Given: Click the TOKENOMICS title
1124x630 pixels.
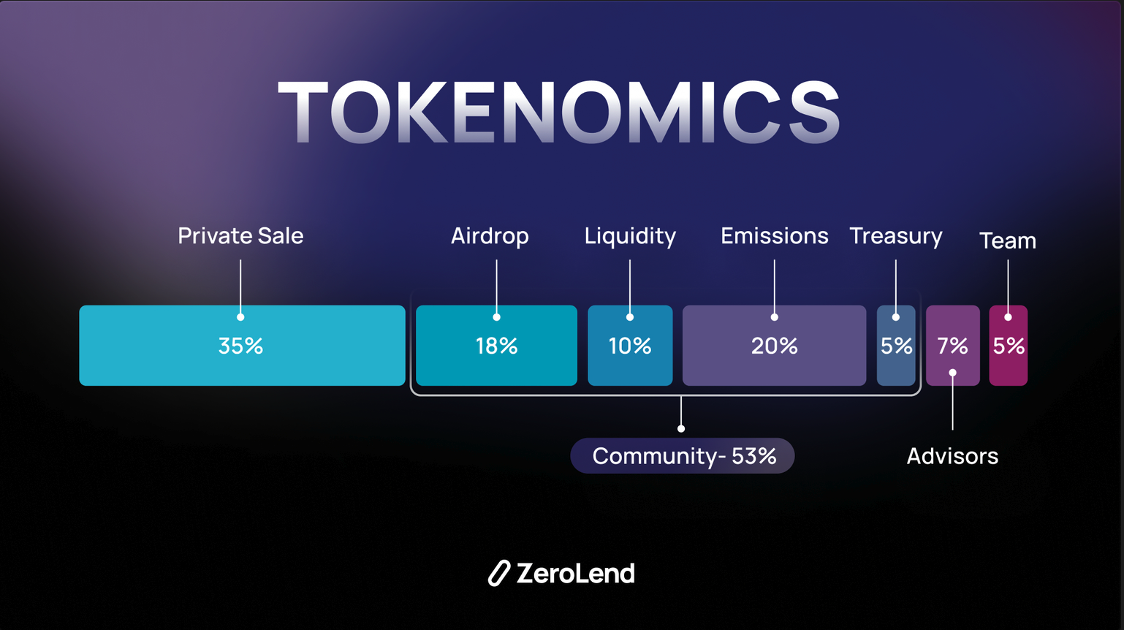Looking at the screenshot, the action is [558, 111].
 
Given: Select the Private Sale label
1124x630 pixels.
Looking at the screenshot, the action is [240, 235].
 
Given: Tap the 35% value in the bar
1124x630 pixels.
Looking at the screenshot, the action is [240, 346].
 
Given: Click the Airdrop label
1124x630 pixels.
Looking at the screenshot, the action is [490, 237].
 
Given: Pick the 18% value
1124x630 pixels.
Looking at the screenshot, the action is [496, 346].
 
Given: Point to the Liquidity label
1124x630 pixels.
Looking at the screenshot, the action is [630, 237].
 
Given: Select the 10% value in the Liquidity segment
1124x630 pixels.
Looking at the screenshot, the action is [630, 346].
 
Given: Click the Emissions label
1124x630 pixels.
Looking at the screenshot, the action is [774, 235].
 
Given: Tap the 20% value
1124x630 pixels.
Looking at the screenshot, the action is [774, 346].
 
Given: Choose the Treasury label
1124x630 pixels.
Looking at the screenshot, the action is [896, 237].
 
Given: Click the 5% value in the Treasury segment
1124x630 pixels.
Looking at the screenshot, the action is [896, 346].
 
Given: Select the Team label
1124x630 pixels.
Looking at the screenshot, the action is [1008, 240].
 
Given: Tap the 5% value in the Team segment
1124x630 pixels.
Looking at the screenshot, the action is [1009, 346].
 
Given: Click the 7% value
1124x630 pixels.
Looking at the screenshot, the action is [952, 346].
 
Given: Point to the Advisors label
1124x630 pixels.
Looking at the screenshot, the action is [952, 456].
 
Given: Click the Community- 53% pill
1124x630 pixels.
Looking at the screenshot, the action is [683, 456].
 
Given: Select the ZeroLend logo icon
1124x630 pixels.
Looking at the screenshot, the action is [498, 573].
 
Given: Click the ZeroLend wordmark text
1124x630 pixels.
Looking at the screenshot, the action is [576, 573].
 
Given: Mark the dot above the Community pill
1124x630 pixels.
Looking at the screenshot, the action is [681, 429].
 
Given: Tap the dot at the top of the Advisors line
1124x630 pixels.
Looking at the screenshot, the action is [952, 373].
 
